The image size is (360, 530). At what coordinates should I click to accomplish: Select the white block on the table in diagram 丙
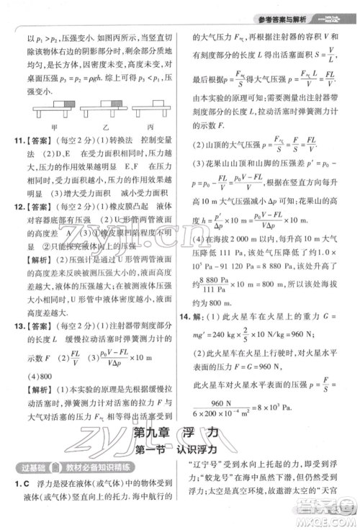point(154,107)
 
